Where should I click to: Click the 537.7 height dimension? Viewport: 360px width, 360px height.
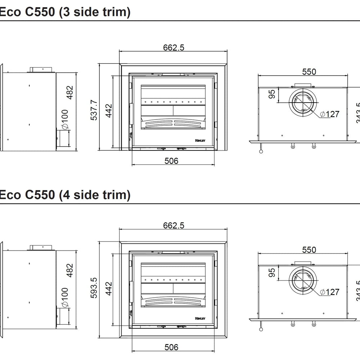coord(93,110)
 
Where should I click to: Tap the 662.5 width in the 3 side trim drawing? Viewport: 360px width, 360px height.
coord(174,48)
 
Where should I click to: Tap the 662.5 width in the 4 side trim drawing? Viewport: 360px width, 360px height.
coord(174,225)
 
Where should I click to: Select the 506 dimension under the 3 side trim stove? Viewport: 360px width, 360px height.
coord(171,161)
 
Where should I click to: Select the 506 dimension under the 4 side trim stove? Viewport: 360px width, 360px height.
coord(171,347)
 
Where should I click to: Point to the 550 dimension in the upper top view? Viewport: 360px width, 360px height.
coord(309,72)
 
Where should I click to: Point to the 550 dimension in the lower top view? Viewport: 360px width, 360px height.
coord(309,250)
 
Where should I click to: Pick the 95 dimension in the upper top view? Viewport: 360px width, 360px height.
coord(272,94)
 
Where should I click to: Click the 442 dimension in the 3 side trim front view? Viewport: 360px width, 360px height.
coord(109,111)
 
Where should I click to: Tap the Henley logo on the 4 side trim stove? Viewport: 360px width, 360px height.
coord(201,318)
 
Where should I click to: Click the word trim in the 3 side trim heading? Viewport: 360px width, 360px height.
coord(110,12)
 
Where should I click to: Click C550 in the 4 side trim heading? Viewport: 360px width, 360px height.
coord(40,195)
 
